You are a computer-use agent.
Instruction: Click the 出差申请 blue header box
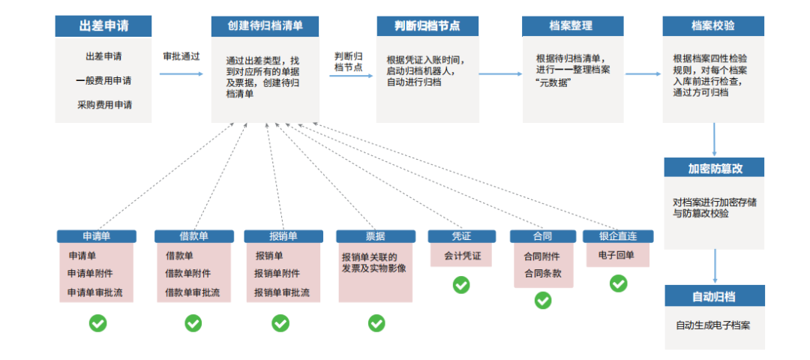pos(103,25)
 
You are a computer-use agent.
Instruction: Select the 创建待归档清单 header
pos(265,25)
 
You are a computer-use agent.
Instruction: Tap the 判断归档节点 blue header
pos(427,25)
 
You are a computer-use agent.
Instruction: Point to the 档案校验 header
pos(713,25)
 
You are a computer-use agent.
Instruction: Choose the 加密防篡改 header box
pos(714,166)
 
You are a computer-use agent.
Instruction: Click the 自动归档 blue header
pos(714,295)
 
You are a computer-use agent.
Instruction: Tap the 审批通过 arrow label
pos(181,56)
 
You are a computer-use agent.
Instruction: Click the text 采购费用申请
pos(103,105)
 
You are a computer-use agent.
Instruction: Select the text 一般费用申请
pos(103,81)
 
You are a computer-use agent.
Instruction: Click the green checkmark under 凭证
pos(460,285)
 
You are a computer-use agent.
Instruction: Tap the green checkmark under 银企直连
pos(618,283)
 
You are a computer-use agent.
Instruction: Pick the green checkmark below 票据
pos(376,323)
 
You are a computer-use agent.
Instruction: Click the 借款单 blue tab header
pos(193,236)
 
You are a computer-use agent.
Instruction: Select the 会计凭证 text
pos(461,256)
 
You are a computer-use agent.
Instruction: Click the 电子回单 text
pos(617,256)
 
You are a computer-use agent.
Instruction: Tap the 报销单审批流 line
pos(281,292)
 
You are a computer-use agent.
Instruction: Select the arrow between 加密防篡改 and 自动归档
pos(714,266)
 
